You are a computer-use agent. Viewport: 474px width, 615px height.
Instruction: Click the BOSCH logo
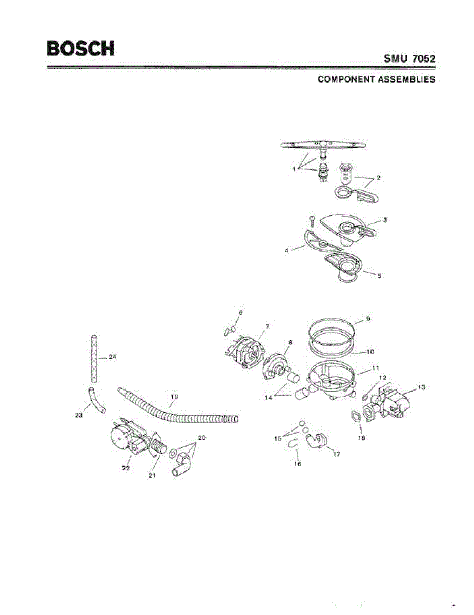coord(80,49)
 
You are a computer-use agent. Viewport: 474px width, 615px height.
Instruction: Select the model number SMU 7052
coord(409,59)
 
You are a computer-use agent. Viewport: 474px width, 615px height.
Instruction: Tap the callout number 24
coord(113,357)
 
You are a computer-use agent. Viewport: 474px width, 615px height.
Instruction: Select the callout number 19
coord(174,396)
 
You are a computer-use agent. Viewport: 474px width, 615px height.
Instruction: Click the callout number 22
coord(126,468)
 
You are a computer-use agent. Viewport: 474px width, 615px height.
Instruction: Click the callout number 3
coord(385,220)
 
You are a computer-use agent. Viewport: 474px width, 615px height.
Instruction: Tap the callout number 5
coord(379,276)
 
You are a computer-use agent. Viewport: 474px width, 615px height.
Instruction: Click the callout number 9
coord(368,318)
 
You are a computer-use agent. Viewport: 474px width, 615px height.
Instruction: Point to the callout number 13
coord(421,387)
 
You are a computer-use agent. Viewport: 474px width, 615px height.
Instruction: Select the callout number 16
coord(297,464)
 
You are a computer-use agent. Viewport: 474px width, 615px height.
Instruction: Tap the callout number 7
coord(267,326)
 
